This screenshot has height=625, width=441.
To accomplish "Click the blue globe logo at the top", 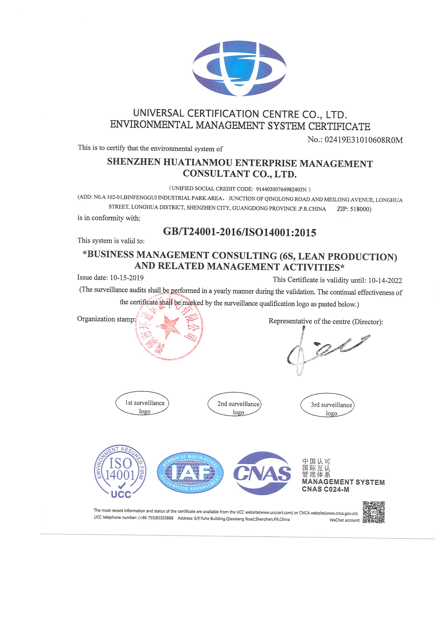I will [x=239, y=68].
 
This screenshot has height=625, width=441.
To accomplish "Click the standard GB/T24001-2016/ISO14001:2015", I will [x=239, y=232].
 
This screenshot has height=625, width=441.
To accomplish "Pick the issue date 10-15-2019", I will [x=127, y=278].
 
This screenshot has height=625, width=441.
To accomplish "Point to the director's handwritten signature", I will [x=324, y=350].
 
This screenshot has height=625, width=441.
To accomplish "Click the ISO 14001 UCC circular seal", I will [x=120, y=475].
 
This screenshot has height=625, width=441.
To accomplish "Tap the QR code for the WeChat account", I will [x=373, y=512].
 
